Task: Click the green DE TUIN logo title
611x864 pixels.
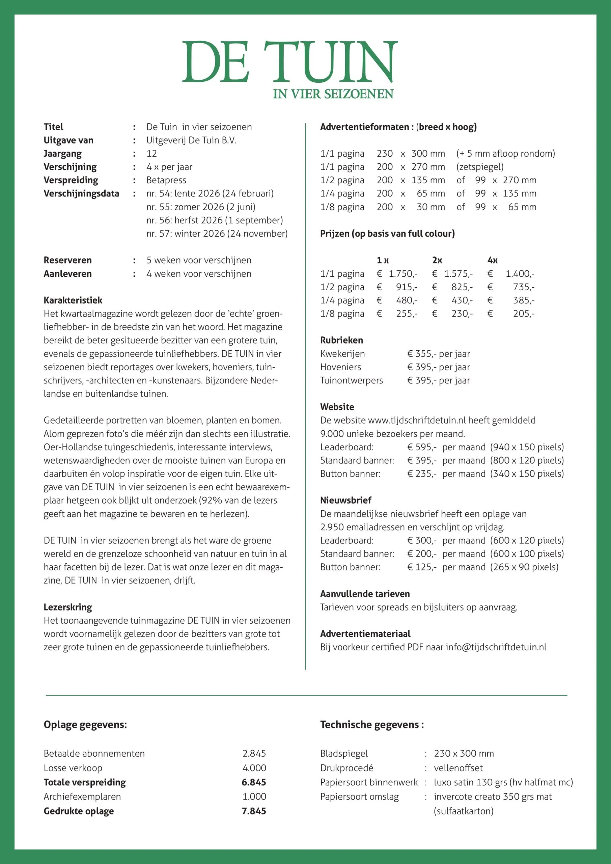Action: [x=290, y=62]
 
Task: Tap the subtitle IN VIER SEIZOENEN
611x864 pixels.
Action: [x=333, y=94]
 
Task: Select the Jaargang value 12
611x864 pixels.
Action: [x=151, y=154]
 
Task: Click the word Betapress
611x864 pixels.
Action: [x=166, y=180]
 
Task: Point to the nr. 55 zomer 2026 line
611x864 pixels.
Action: [x=200, y=207]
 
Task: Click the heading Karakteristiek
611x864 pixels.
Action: [x=73, y=300]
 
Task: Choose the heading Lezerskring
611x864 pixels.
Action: [x=68, y=607]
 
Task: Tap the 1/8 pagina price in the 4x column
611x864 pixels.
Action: [x=523, y=314]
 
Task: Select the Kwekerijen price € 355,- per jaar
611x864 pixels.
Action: [x=438, y=354]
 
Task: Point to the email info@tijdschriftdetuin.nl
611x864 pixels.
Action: [x=496, y=647]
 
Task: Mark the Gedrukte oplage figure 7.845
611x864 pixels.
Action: [x=254, y=811]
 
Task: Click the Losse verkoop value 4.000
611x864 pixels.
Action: [x=254, y=768]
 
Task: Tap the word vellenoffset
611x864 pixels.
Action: [x=458, y=768]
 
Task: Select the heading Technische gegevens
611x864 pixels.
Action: [x=372, y=725]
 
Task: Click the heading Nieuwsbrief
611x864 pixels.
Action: [x=345, y=501]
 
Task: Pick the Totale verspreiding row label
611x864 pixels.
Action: [x=85, y=782]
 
